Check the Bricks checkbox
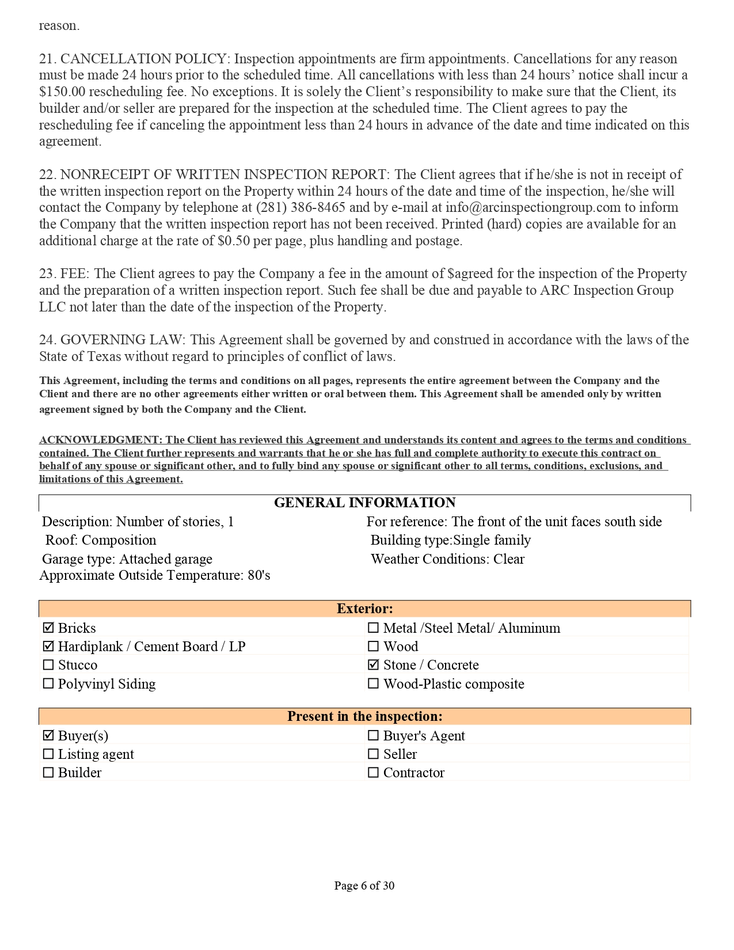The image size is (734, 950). coord(48,628)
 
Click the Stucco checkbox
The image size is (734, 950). coord(48,665)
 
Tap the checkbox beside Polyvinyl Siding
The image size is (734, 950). coord(48,683)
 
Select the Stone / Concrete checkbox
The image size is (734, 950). coord(374,665)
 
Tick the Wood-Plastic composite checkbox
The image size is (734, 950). coord(374,683)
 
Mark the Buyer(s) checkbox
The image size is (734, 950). coord(48,735)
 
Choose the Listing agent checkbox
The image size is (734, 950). coord(48,754)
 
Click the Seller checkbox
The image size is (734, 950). coord(374,754)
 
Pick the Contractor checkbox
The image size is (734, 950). coord(374,772)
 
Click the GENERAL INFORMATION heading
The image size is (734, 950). coord(364,503)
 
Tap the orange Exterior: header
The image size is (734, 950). coord(364,609)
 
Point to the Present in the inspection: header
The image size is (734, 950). coord(364,716)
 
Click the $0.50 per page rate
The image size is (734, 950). coord(234,241)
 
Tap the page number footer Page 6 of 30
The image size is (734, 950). coord(364,886)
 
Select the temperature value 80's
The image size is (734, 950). coord(259,575)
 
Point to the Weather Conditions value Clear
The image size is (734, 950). coord(509,559)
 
